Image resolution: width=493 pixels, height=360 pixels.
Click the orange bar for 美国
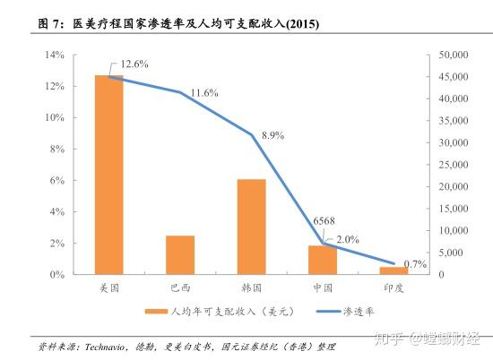pos(108,175)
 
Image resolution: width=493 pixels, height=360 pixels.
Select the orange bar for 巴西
pos(180,254)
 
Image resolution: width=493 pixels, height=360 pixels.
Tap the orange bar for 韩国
pos(252,227)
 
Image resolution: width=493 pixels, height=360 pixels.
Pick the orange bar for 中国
pos(323,259)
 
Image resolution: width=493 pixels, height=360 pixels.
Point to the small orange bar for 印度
pos(394,270)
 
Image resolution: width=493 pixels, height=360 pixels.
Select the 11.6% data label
pos(205,93)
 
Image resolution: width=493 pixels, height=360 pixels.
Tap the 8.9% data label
pos(272,135)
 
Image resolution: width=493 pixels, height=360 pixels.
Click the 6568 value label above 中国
pos(325,221)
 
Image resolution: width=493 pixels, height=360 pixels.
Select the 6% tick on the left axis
pos(56,180)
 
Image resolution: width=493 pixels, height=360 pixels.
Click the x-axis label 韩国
pos(251,287)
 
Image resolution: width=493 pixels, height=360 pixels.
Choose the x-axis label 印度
pos(394,287)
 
